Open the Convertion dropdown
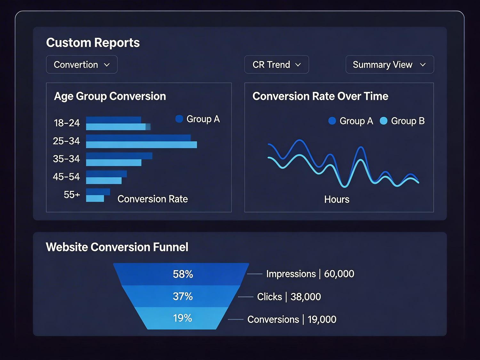[x=82, y=65]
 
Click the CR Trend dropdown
[x=276, y=65]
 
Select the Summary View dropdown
[x=389, y=65]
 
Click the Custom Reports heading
[x=93, y=43]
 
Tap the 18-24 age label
[x=67, y=123]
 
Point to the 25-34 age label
[x=66, y=141]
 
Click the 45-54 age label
[x=66, y=177]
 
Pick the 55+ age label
[x=72, y=195]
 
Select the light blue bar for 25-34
[x=141, y=145]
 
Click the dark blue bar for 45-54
[x=106, y=174]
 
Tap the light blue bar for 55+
[x=95, y=199]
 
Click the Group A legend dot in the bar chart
[x=179, y=119]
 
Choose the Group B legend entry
[x=402, y=121]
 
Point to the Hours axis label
[x=337, y=199]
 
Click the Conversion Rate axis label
[x=153, y=199]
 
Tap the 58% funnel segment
[x=182, y=274]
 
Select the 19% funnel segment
[x=182, y=318]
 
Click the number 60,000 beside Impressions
[x=339, y=274]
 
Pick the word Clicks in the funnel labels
[x=269, y=297]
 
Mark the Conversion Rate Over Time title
[x=320, y=96]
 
